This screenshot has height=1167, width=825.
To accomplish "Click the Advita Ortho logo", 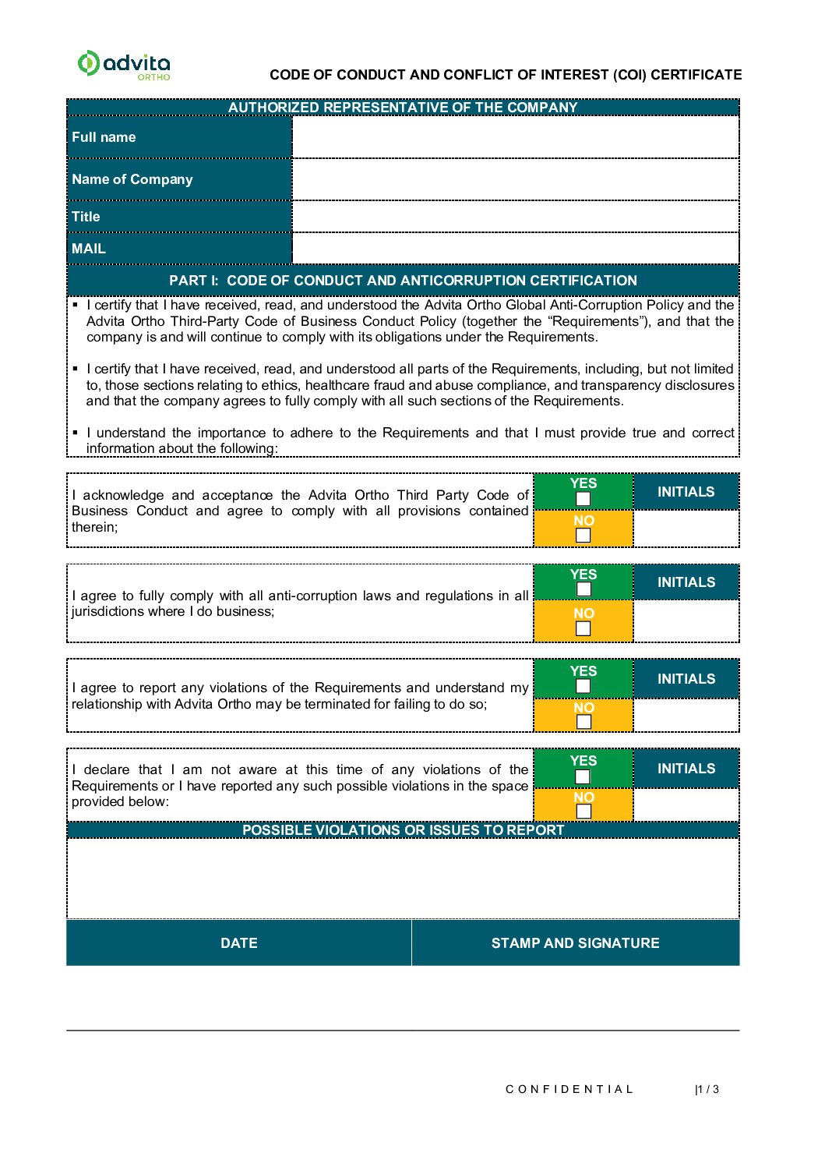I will tap(124, 65).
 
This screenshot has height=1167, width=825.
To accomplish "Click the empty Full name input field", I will tap(515, 137).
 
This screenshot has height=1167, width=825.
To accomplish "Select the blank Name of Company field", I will tap(515, 179).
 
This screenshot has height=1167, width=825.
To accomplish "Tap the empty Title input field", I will tap(515, 217).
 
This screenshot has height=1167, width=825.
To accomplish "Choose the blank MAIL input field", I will tap(515, 249).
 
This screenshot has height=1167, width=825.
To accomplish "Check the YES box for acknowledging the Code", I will tap(583, 499).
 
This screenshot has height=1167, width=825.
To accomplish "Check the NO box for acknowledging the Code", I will tap(583, 535).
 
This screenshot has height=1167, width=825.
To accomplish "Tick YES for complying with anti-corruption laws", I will tap(583, 589).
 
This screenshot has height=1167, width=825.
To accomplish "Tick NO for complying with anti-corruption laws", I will tap(583, 628).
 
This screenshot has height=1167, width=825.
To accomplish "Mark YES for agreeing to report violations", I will tap(583, 686).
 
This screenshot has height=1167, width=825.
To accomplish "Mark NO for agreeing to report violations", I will tap(583, 722).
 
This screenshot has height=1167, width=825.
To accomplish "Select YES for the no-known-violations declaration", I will tap(583, 776).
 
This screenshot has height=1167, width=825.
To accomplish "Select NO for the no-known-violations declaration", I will tap(583, 812).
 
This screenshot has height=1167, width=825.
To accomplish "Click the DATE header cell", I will tap(238, 943).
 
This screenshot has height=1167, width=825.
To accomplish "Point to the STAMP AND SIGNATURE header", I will tap(575, 943).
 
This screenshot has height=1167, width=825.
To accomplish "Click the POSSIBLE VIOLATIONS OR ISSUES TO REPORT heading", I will tap(403, 830).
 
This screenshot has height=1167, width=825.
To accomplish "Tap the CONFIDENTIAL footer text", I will tap(569, 1089).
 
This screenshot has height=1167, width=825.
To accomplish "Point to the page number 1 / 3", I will tap(707, 1089).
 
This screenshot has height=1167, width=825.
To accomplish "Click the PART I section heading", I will tap(403, 281).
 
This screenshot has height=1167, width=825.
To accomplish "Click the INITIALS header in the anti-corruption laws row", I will tap(686, 582).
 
